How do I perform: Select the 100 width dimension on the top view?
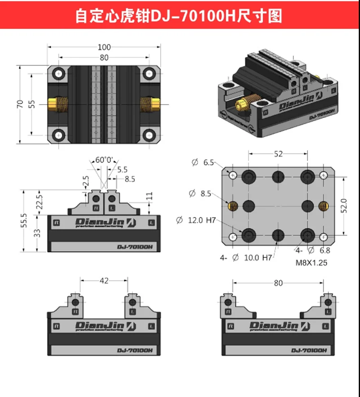104,47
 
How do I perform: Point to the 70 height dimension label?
19,104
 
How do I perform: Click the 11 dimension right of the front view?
149,196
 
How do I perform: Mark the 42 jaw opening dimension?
104,281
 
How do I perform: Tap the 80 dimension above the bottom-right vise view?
278,283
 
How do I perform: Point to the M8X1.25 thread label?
311,262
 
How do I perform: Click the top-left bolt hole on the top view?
59,74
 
